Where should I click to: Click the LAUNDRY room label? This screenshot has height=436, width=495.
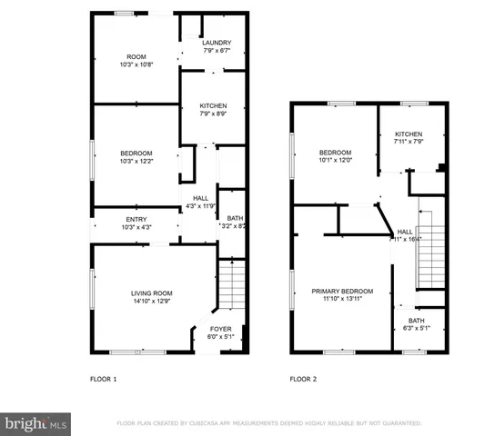[x=217, y=43]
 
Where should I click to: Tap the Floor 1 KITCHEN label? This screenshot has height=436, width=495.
[x=213, y=106]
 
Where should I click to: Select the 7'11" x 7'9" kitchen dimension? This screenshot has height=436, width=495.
[x=408, y=142]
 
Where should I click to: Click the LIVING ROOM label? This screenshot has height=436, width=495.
[x=152, y=292]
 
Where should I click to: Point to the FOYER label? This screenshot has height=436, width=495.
[x=221, y=329]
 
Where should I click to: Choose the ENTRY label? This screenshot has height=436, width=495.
[x=136, y=219]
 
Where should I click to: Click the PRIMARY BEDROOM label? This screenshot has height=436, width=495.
[x=340, y=292]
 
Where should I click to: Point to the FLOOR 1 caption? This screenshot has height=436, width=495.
[x=103, y=379]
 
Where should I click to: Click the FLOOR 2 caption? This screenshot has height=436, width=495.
[x=303, y=379]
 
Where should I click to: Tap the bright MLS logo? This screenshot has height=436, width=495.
[x=36, y=423]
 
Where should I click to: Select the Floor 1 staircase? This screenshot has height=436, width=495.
[x=233, y=286]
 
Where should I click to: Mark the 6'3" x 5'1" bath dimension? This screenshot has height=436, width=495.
[x=417, y=328]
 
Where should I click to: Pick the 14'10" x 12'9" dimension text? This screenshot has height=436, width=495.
[x=152, y=299]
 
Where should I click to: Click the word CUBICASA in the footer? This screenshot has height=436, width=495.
[x=232, y=423]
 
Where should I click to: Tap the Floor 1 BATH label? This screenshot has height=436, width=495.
[x=234, y=218]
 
